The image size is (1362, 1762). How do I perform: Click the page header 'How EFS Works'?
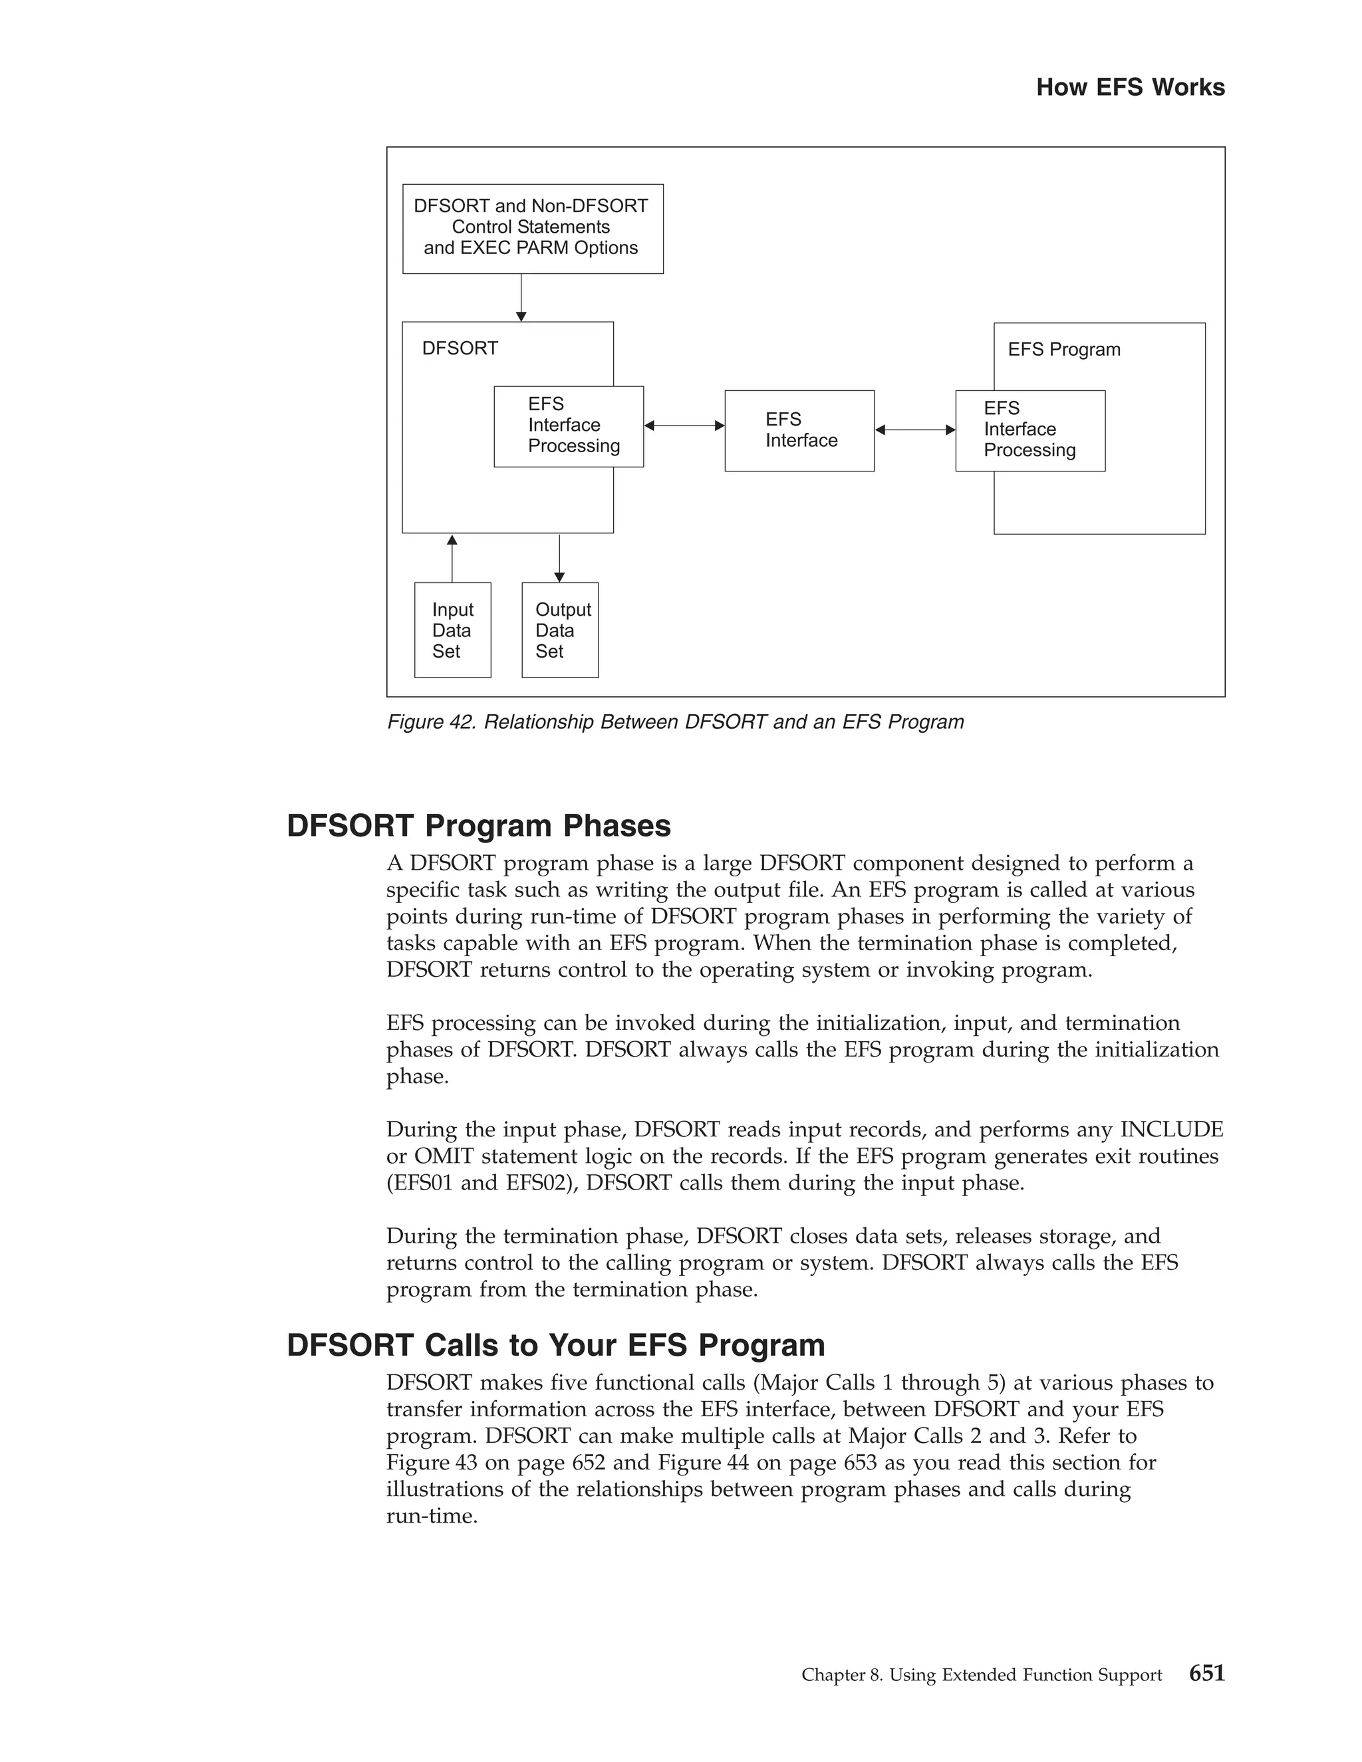click(x=1130, y=87)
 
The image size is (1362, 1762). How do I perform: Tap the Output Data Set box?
click(x=560, y=630)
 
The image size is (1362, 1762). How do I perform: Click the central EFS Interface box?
click(x=799, y=431)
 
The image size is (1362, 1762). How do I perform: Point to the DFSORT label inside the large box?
click(x=460, y=348)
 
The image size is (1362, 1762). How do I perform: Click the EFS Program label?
click(x=1063, y=349)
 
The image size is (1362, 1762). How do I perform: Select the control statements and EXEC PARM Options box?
click(x=533, y=228)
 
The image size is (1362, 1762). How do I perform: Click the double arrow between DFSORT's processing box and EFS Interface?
click(x=684, y=425)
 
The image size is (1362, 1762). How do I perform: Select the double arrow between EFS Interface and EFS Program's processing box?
click(x=915, y=430)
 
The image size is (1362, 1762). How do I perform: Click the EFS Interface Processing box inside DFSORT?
click(x=569, y=426)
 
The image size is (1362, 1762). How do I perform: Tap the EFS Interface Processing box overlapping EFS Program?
click(x=1029, y=431)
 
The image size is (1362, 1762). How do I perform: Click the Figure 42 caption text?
click(x=676, y=722)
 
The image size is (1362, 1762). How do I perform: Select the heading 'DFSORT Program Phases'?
click(x=478, y=826)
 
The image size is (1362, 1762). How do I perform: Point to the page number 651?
click(x=1206, y=1674)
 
